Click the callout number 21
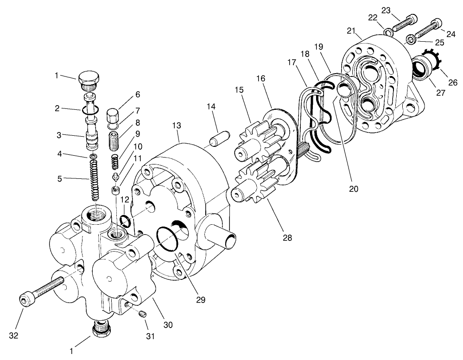351,31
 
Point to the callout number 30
168,325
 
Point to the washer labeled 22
388,32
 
